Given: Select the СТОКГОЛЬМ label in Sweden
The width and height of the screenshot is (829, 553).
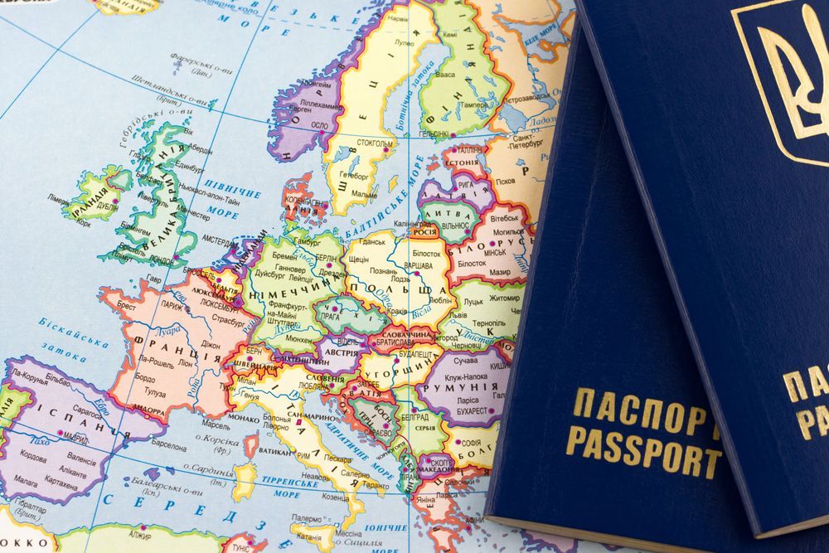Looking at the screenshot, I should pyautogui.click(x=375, y=143).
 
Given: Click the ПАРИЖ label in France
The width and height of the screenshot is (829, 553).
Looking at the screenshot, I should pyautogui.click(x=172, y=305).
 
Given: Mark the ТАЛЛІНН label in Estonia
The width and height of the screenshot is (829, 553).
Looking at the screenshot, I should pyautogui.click(x=468, y=150).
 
